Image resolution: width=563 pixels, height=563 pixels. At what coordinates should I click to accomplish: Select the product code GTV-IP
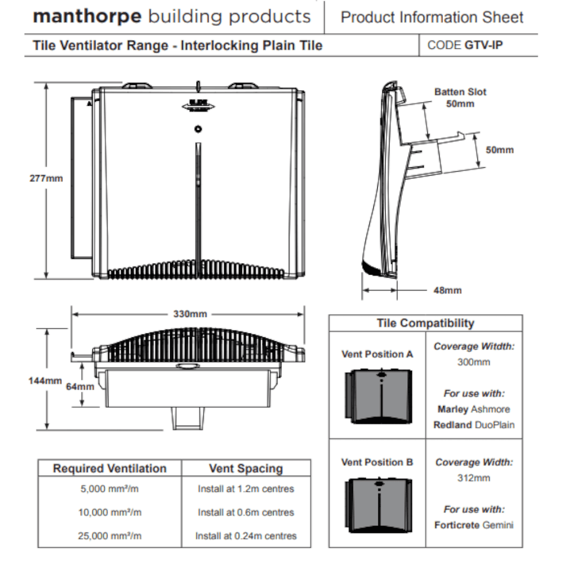coord(483,45)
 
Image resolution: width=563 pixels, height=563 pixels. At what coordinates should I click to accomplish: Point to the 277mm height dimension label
coord(46,178)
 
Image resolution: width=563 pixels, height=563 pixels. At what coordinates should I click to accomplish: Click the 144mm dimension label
coord(45,381)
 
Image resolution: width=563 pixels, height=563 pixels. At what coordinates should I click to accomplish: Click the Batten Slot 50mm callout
coord(460,97)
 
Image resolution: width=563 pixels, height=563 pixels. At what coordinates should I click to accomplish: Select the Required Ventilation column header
coord(109,468)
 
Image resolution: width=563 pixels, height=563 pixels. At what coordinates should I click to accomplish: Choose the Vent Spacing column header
coord(246,468)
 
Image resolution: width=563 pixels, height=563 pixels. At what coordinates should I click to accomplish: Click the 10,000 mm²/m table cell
coord(109,513)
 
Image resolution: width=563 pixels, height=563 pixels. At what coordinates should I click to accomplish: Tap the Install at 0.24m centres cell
coord(246,536)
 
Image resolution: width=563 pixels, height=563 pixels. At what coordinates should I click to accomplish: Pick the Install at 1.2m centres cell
coord(246,489)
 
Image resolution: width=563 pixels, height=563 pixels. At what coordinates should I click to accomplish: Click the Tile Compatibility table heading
coord(425,323)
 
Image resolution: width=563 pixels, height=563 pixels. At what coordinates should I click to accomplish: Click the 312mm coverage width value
coord(474,478)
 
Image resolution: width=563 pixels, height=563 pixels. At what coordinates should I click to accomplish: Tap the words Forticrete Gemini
coord(474,525)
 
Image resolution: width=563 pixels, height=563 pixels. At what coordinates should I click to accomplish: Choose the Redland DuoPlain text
coord(474,425)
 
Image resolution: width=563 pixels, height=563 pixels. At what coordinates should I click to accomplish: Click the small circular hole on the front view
coord(198,129)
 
